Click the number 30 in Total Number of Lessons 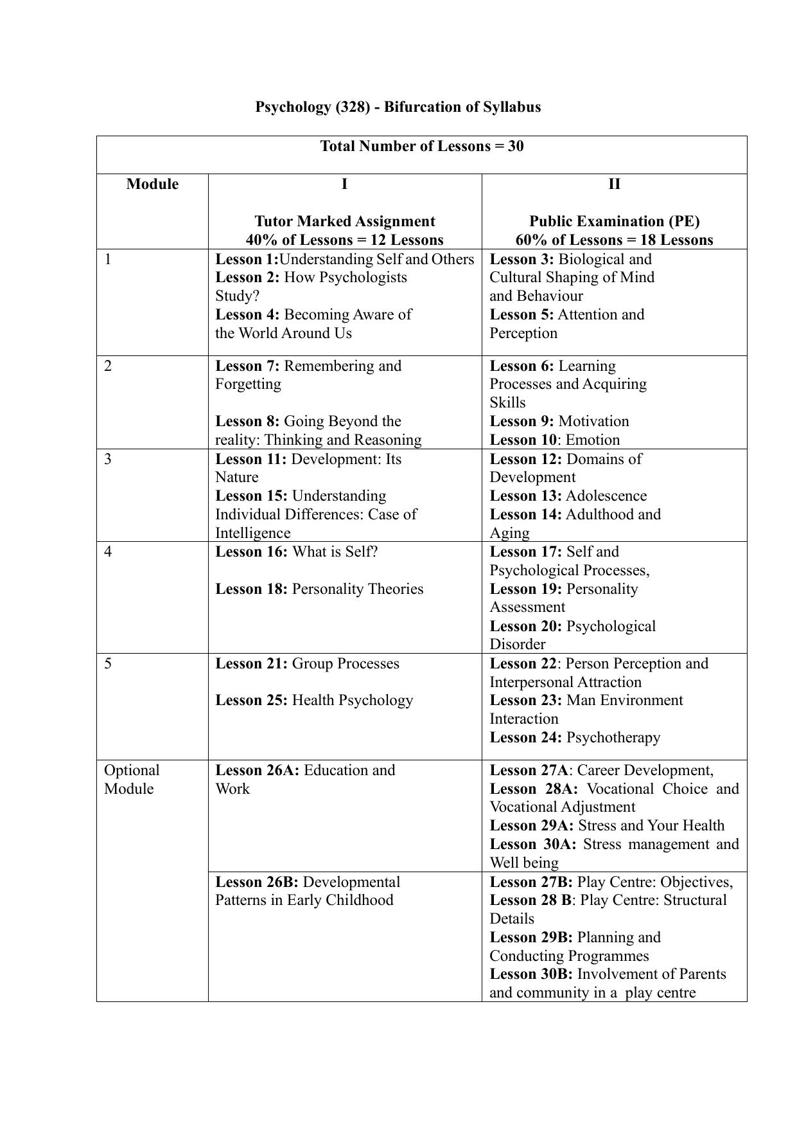[x=516, y=146]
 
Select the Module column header [x=152, y=184]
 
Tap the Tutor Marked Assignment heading [x=345, y=221]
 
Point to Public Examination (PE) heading [x=614, y=221]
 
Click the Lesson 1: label [x=247, y=259]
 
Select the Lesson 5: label [x=521, y=314]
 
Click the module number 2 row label [x=108, y=366]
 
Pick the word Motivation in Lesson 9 [x=593, y=421]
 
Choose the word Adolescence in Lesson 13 [x=606, y=496]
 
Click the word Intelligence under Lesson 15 [x=252, y=533]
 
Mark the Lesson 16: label [x=251, y=551]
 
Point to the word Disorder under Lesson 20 [x=517, y=644]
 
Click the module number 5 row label [x=108, y=663]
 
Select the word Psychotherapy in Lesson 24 [x=613, y=737]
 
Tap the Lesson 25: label [x=251, y=700]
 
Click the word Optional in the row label [x=132, y=770]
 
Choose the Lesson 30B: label [x=531, y=974]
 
